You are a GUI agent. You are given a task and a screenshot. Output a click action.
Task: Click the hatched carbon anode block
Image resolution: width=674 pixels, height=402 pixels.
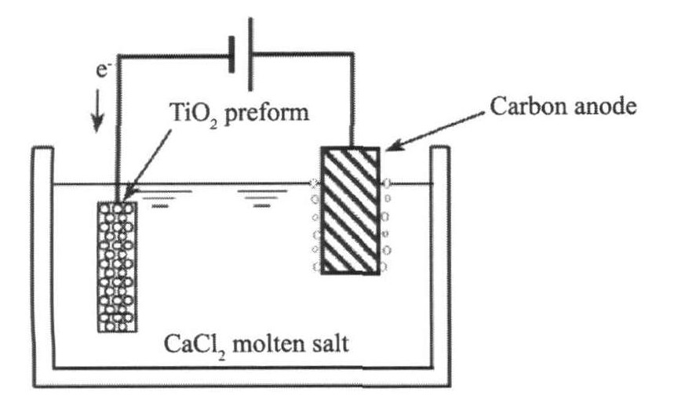351,210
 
